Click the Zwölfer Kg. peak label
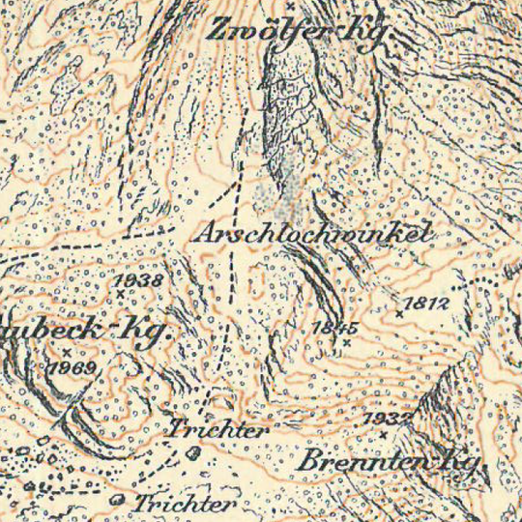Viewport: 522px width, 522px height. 301,28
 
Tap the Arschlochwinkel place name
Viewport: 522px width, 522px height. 309,234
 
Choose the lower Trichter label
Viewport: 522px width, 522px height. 185,504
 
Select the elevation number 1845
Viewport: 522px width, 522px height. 336,328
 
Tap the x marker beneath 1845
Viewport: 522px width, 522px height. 345,341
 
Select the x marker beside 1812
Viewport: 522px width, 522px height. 399,313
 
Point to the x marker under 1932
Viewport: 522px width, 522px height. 384,434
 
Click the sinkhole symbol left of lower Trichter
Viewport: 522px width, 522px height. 119,500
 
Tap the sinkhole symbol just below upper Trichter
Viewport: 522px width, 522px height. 194,451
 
